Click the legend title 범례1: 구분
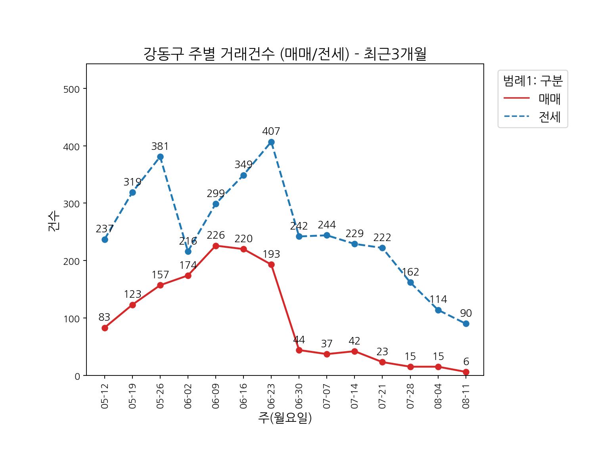(x=533, y=81)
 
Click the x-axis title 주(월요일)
(x=285, y=418)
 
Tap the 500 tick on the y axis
(x=72, y=89)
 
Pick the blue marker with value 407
(x=271, y=142)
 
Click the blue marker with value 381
(x=160, y=157)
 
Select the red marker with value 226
(x=216, y=246)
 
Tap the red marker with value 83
(x=105, y=328)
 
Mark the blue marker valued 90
(x=466, y=324)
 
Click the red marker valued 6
(x=466, y=372)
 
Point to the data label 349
(x=243, y=165)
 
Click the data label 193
(x=271, y=254)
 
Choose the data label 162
(x=410, y=272)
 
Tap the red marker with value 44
(x=299, y=350)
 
